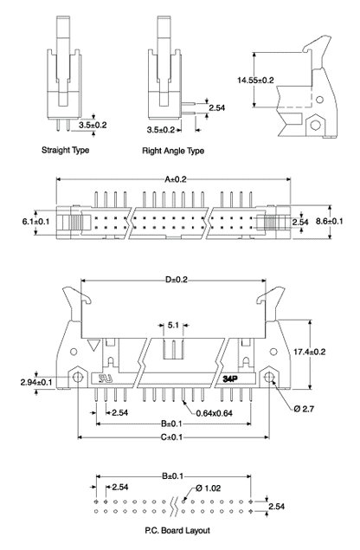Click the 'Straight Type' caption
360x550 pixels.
66,150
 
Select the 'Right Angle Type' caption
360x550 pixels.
172,150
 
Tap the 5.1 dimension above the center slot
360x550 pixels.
174,327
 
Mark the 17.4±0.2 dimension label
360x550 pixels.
331,351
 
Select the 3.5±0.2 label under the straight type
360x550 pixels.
92,125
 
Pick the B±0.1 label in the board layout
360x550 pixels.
172,476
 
